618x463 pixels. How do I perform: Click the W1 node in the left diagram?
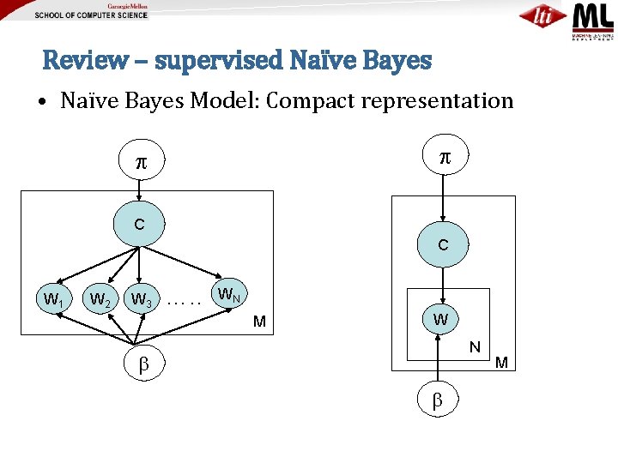point(53,301)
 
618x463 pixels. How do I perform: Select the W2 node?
point(100,300)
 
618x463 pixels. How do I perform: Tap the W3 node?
point(141,300)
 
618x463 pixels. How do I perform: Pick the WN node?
point(228,295)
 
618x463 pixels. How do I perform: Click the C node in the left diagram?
point(139,225)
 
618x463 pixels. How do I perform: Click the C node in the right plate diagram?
point(442,245)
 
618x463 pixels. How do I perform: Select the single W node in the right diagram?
point(440,320)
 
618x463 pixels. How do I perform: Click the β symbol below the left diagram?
point(143,364)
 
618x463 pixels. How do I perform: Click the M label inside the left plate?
point(258,322)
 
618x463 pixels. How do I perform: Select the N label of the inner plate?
point(474,347)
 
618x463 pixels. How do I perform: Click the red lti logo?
point(543,16)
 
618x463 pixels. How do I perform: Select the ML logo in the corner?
point(594,20)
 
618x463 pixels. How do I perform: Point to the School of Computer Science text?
point(91,15)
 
